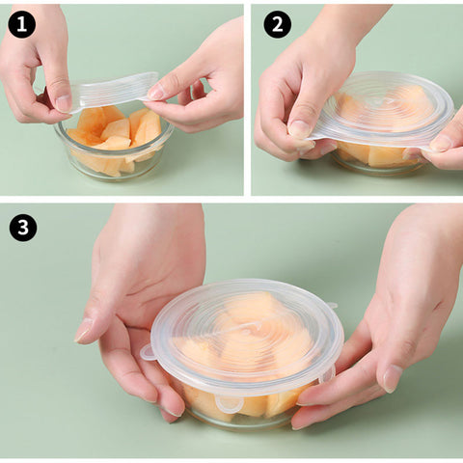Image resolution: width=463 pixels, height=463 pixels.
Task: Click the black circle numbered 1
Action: (x=22, y=24)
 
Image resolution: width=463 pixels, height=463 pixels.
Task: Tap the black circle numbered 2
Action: (x=278, y=24)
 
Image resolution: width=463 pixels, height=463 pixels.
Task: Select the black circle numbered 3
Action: (x=23, y=228)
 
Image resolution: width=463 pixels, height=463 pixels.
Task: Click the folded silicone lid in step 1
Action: (x=114, y=92)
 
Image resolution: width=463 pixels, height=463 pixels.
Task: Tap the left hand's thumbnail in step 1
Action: (x=64, y=103)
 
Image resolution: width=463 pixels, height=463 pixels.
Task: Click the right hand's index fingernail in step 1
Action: (x=157, y=94)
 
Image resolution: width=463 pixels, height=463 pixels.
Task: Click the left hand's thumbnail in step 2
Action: (x=299, y=129)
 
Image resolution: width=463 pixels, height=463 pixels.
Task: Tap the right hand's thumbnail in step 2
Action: (x=441, y=144)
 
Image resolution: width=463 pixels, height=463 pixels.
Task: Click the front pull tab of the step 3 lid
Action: (x=229, y=404)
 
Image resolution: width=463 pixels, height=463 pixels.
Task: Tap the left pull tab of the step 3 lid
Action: (x=149, y=352)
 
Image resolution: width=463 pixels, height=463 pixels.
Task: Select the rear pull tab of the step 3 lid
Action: (x=331, y=305)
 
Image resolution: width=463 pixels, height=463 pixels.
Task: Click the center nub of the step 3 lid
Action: (x=254, y=327)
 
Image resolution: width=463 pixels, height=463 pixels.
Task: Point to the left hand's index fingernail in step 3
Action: (x=84, y=330)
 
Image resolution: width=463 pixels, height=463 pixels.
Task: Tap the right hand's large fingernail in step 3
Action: (x=393, y=378)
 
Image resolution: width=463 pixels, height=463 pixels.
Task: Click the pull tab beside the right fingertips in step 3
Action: (x=328, y=374)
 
